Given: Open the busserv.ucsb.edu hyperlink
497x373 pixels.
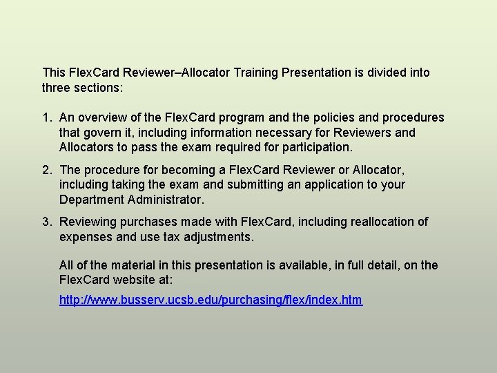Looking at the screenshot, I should point(211,300).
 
